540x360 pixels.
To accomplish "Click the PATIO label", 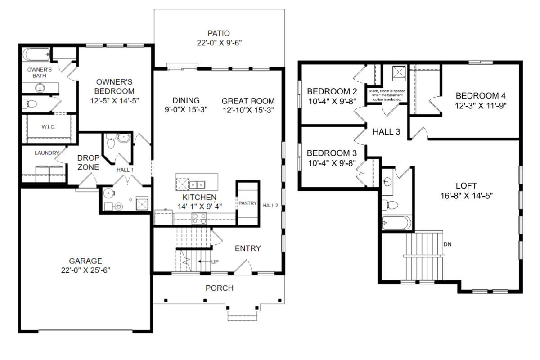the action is [219, 33].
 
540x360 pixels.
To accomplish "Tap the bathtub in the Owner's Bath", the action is [36, 54].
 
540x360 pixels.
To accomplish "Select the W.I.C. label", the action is [49, 127].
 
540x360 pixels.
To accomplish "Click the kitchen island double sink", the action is [197, 184].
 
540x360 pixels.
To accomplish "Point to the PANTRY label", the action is [247, 203].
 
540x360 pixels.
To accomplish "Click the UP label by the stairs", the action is [215, 262].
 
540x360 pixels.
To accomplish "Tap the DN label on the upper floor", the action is [447, 244].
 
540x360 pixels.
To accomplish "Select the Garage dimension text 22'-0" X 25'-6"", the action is [85, 270].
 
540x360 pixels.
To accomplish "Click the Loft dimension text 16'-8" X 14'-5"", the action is [467, 196].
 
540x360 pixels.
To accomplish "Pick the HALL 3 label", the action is [386, 132].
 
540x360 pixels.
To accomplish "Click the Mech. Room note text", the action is [387, 95].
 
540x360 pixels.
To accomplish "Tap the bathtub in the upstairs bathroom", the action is [396, 223].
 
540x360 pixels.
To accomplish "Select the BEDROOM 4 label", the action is [481, 96].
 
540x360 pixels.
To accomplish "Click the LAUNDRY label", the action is [47, 153].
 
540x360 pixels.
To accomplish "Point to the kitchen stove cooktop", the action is [199, 219].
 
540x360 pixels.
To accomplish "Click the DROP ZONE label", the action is [88, 162].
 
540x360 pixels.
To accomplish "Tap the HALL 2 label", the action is [270, 206].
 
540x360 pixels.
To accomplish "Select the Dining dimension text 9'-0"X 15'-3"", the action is [186, 110].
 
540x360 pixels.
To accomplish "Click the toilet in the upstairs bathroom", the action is [390, 205].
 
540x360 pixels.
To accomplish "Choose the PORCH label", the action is [220, 288].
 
